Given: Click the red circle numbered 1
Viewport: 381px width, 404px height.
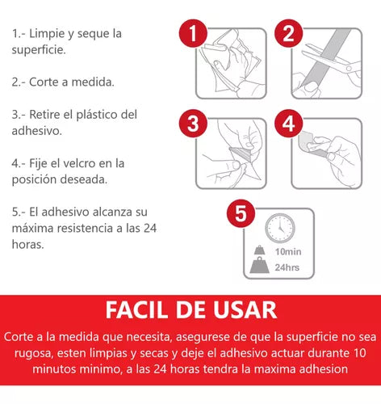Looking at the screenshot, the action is point(193,33).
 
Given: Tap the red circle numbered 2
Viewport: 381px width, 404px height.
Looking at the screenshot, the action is point(289,33).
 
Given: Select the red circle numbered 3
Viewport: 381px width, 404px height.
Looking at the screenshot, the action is point(193,124).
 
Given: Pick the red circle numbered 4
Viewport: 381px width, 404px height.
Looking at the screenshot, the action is point(289,124).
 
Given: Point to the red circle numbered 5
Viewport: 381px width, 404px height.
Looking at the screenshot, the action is point(241,213).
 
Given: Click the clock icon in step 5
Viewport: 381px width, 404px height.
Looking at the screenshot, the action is point(280,228).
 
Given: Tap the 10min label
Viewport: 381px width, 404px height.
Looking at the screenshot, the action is point(288,251).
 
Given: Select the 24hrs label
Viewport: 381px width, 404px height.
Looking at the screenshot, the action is point(287,267).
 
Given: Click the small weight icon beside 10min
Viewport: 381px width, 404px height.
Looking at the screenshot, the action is point(260,250).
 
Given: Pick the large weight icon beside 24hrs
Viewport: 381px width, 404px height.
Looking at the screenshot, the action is point(259,265).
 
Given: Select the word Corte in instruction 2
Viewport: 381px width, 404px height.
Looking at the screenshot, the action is point(44,82).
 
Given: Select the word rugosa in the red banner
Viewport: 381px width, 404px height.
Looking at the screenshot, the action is point(32,354).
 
